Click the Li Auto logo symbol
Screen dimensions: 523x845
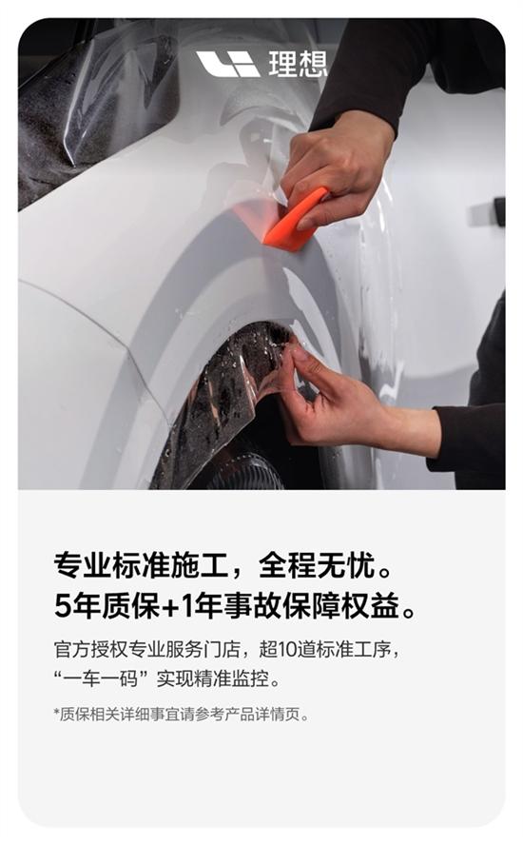228,64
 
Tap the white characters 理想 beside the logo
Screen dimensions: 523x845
298,64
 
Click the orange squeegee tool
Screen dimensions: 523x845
295,221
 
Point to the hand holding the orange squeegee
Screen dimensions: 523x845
337,167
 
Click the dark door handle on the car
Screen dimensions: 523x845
499,211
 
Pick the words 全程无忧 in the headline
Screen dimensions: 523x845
317,566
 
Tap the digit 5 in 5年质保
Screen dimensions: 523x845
63,606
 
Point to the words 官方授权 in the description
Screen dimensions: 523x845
90,649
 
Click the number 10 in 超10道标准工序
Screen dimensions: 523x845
286,649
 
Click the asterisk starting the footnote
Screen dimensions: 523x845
56,713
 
